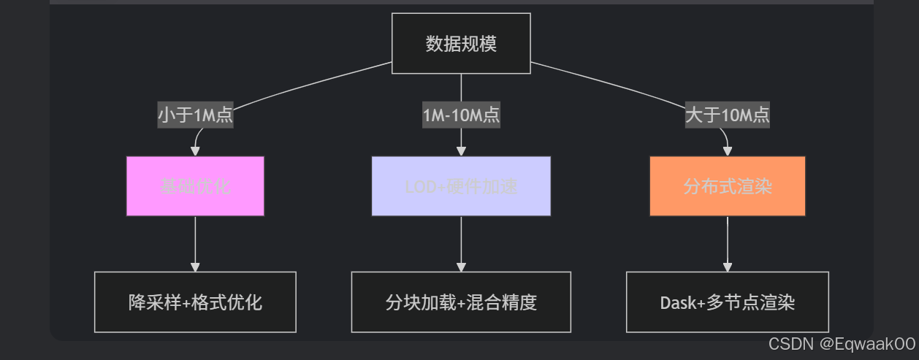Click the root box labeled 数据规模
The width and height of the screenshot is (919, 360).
click(x=461, y=44)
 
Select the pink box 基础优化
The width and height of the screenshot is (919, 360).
click(x=195, y=186)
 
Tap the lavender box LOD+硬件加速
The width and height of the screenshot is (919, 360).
click(x=461, y=186)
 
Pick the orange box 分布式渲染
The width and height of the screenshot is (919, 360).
click(x=728, y=186)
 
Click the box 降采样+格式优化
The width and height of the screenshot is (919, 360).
click(x=195, y=302)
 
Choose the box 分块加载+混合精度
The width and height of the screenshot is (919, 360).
click(x=461, y=302)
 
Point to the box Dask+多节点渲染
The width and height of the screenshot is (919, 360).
click(x=728, y=302)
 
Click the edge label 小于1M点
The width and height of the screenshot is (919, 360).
click(x=196, y=115)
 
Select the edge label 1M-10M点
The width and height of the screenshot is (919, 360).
click(x=461, y=115)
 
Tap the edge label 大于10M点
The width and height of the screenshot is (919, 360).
click(x=728, y=115)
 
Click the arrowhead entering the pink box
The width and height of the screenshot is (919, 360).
click(x=195, y=151)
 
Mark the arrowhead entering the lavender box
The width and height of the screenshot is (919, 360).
click(x=461, y=151)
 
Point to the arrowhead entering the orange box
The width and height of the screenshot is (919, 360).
click(x=728, y=151)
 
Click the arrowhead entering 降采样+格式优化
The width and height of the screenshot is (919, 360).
click(x=195, y=267)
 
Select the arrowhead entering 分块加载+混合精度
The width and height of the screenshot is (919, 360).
click(x=461, y=267)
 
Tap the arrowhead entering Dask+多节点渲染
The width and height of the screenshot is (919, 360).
click(x=728, y=267)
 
